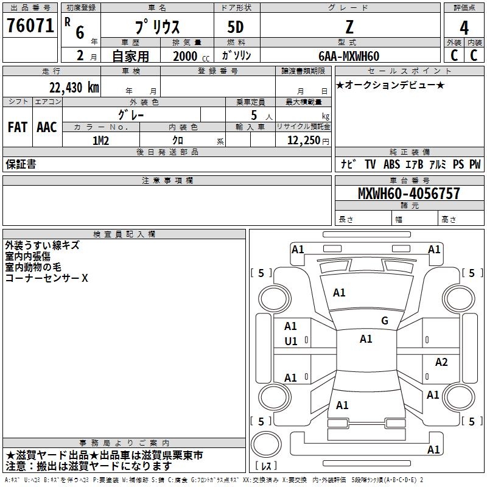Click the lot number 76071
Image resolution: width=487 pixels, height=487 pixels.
(30, 25)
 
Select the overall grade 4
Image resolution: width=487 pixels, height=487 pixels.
(464, 27)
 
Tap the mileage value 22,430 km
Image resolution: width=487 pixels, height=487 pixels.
(74, 87)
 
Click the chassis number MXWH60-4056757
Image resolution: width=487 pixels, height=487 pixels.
(408, 193)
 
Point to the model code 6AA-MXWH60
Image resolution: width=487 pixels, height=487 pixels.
(349, 56)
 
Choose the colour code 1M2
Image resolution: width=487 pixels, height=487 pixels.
(100, 141)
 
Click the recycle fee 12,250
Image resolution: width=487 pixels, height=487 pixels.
(303, 140)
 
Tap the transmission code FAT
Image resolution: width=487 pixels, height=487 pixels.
(18, 127)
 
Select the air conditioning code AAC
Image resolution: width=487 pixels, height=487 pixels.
(47, 127)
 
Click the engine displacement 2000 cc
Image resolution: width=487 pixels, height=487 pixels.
(191, 56)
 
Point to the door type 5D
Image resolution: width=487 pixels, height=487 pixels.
(236, 27)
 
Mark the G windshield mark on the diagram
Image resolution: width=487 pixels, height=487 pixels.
(385, 320)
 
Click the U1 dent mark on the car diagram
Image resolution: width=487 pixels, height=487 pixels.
(291, 342)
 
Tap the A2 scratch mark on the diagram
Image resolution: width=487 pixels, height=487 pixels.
(441, 362)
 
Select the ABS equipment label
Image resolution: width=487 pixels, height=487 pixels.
(391, 164)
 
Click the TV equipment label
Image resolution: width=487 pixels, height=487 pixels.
(370, 164)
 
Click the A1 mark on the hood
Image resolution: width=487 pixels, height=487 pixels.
(339, 292)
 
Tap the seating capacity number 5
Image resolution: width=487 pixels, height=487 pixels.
(254, 115)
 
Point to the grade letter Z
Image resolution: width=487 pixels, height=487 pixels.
(349, 27)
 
